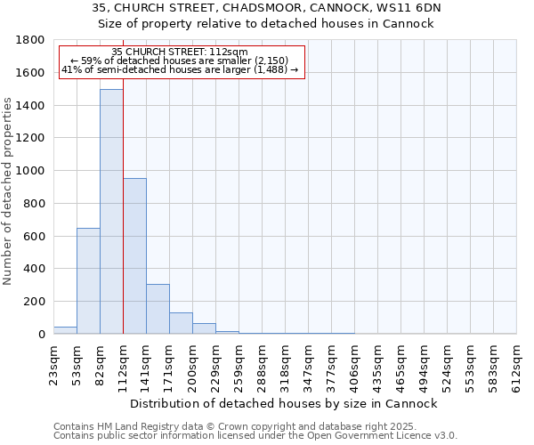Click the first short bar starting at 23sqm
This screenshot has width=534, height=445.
point(65,330)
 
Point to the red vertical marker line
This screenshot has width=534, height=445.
point(123,222)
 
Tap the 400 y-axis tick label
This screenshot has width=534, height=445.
point(36,269)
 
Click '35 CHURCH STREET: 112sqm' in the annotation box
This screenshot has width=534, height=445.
point(180,53)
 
